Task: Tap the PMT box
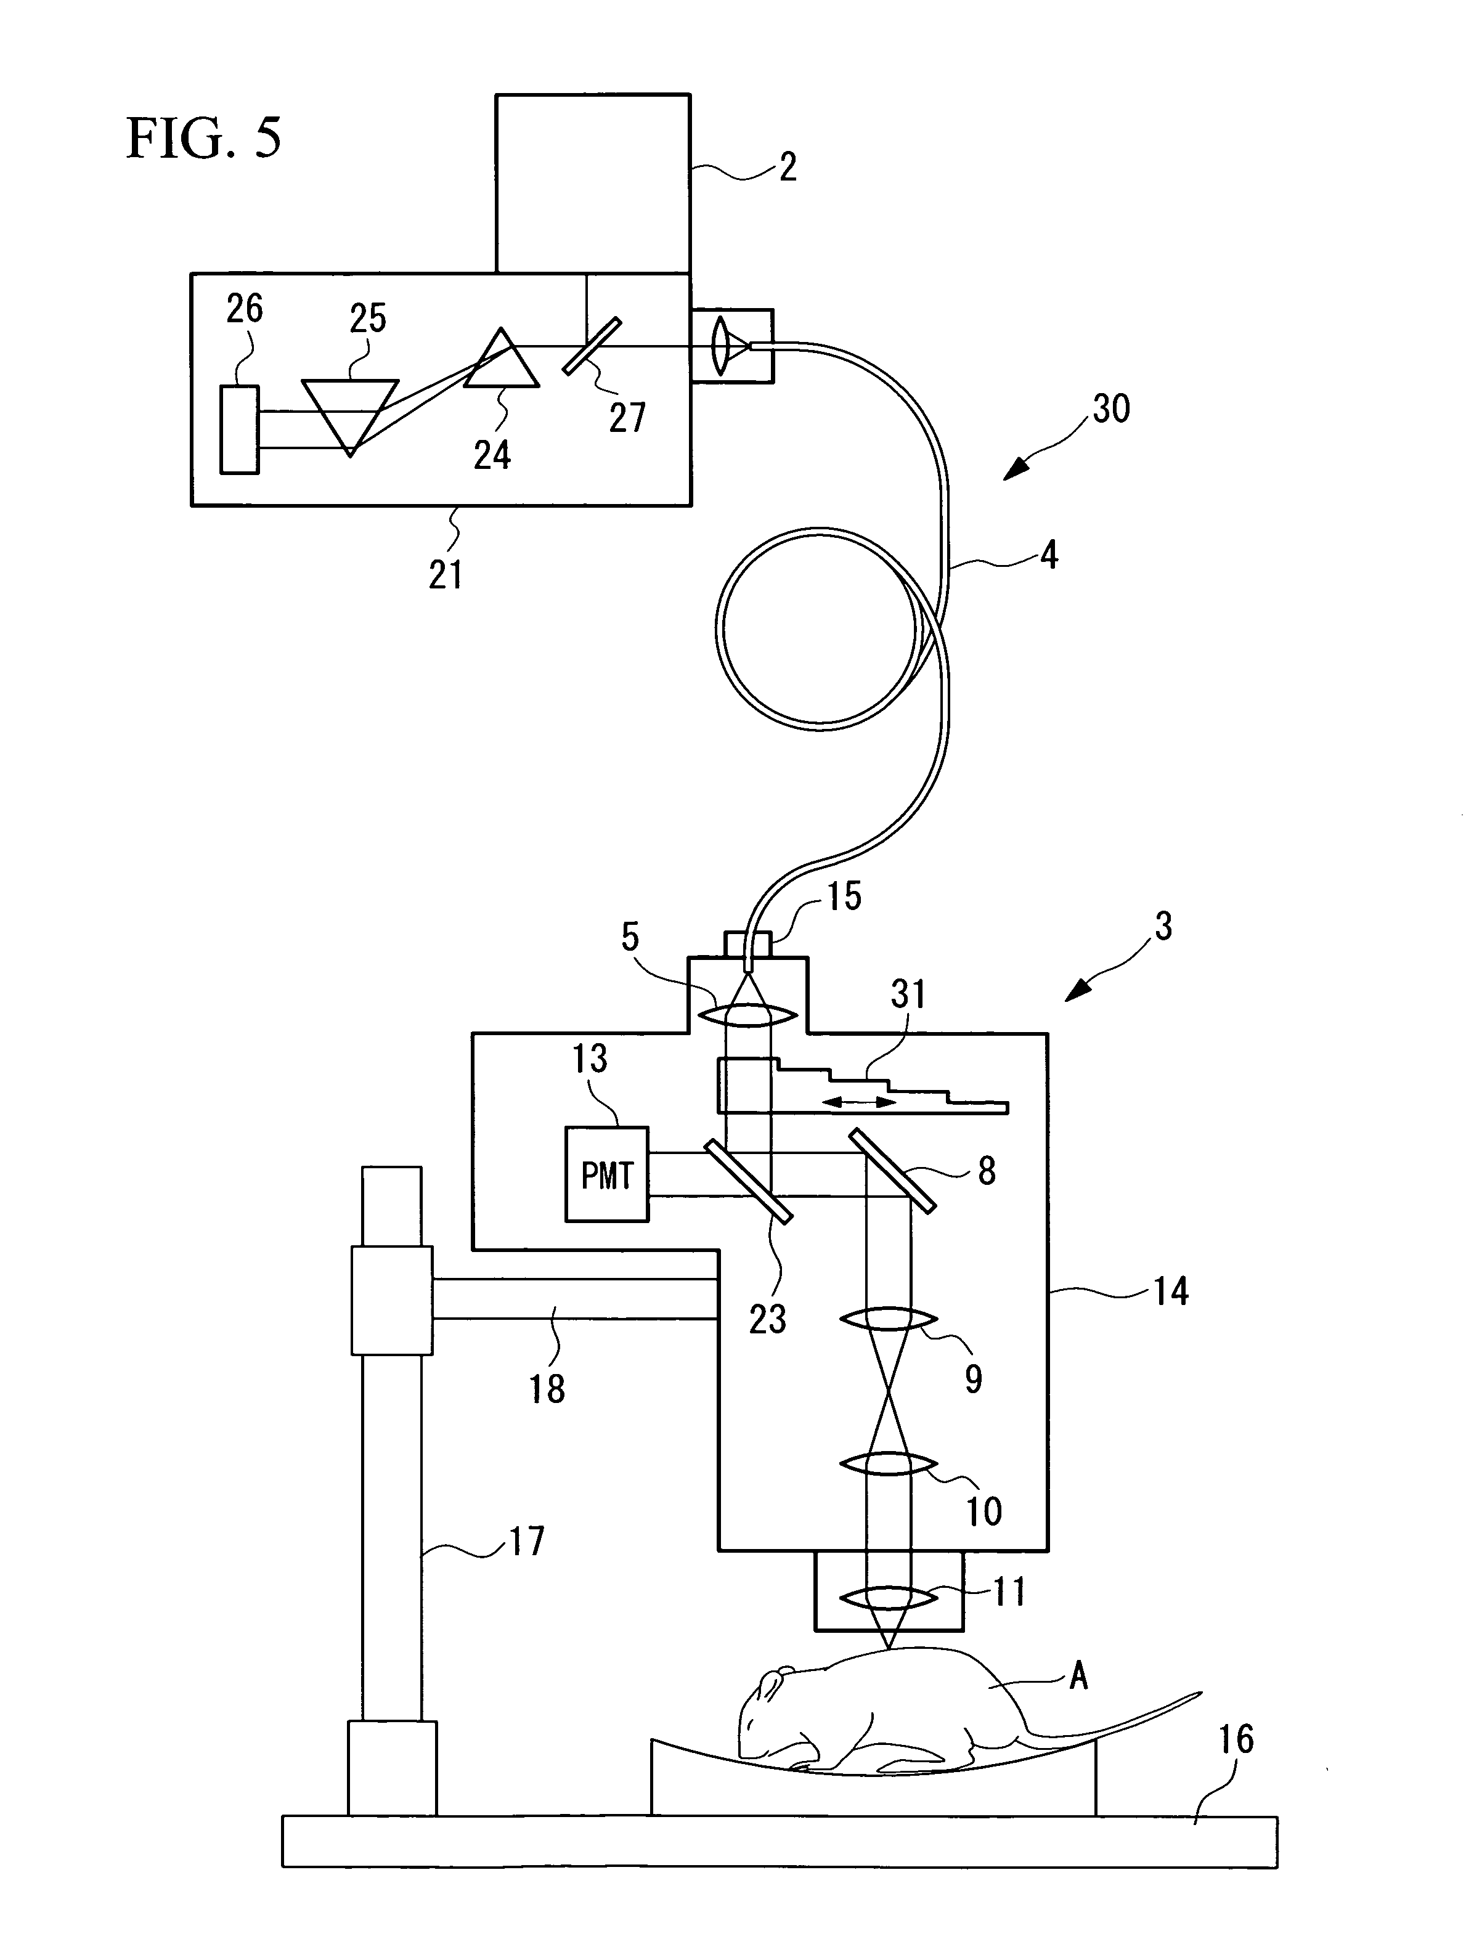(x=607, y=1174)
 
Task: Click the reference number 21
(x=446, y=575)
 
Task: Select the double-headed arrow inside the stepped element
(x=859, y=1102)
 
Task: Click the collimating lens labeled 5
(x=749, y=1014)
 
